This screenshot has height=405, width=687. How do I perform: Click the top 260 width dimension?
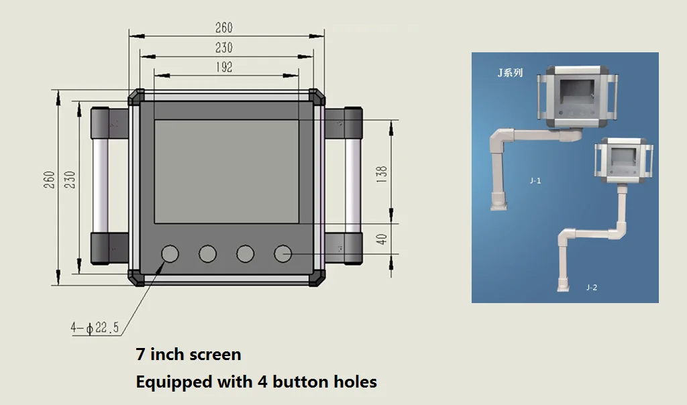[x=223, y=27]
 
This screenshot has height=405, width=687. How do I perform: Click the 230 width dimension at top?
[x=223, y=48]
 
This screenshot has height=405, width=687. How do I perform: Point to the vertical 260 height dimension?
[x=49, y=180]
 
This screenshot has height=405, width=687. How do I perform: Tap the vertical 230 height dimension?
[x=69, y=180]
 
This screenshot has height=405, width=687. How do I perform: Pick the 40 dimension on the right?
[x=382, y=239]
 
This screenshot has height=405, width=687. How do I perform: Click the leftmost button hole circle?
[x=170, y=253]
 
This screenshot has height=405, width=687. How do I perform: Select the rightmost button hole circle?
[x=282, y=253]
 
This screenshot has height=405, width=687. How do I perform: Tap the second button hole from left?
[x=207, y=253]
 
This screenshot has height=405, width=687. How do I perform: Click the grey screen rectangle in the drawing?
[x=227, y=171]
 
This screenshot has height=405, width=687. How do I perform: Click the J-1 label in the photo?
[x=535, y=180]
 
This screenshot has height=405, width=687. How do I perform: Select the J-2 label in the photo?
[x=591, y=287]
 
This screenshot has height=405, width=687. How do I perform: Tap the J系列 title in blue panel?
[x=510, y=72]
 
